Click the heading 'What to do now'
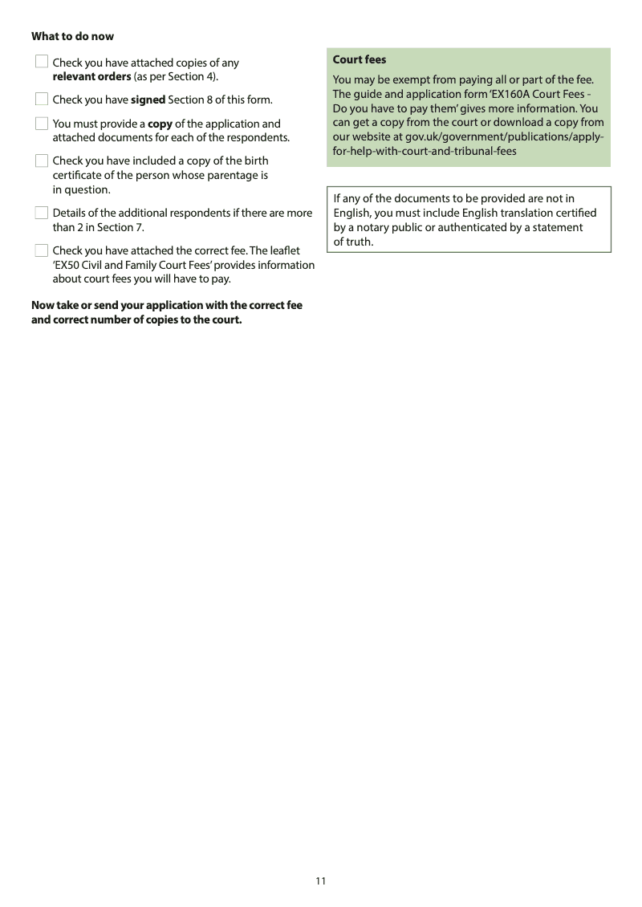pos(72,36)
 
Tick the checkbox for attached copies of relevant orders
pos(42,62)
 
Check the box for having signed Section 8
pos(42,100)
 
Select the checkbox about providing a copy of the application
pos(42,124)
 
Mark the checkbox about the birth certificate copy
pos(42,161)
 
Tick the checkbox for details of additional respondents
pos(42,213)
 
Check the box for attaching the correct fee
pos(42,250)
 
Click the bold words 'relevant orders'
pos(91,77)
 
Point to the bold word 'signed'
pos(148,100)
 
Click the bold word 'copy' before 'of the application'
pos(160,124)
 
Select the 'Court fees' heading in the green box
pos(360,59)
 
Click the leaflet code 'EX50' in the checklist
pos(67,265)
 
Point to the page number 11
pos(321,881)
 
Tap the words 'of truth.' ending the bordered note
pos(354,242)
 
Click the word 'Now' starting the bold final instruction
pos(43,305)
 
